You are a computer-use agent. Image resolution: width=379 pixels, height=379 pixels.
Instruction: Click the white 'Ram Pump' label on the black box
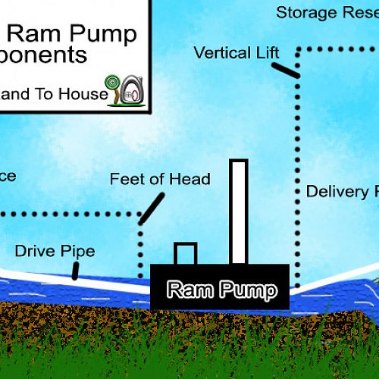click(x=221, y=289)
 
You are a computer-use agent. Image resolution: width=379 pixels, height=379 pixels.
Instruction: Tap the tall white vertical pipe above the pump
click(x=239, y=212)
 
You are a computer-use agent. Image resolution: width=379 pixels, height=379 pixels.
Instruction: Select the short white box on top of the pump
click(x=186, y=254)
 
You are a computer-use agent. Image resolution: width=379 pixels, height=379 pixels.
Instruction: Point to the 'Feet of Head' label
click(x=160, y=180)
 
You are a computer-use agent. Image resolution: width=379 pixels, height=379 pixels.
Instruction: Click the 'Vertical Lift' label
click(x=236, y=53)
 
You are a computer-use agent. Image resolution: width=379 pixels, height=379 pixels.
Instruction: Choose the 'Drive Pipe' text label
click(x=55, y=251)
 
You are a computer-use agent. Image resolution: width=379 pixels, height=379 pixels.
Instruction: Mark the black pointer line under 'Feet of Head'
click(x=152, y=207)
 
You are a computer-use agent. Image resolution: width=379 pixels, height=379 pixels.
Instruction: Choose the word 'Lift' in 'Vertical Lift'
click(x=265, y=53)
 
